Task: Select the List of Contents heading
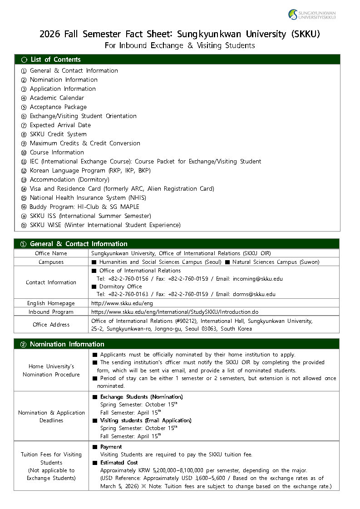(55, 59)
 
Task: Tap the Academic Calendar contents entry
(57, 98)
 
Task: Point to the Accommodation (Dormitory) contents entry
(69, 179)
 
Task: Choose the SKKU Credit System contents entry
(58, 134)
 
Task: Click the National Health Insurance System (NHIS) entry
(88, 198)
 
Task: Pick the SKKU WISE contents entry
(105, 225)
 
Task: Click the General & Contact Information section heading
(78, 244)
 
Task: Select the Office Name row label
(51, 253)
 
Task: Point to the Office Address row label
(51, 325)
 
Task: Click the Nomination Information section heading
(67, 344)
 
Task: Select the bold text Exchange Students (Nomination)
(141, 397)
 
